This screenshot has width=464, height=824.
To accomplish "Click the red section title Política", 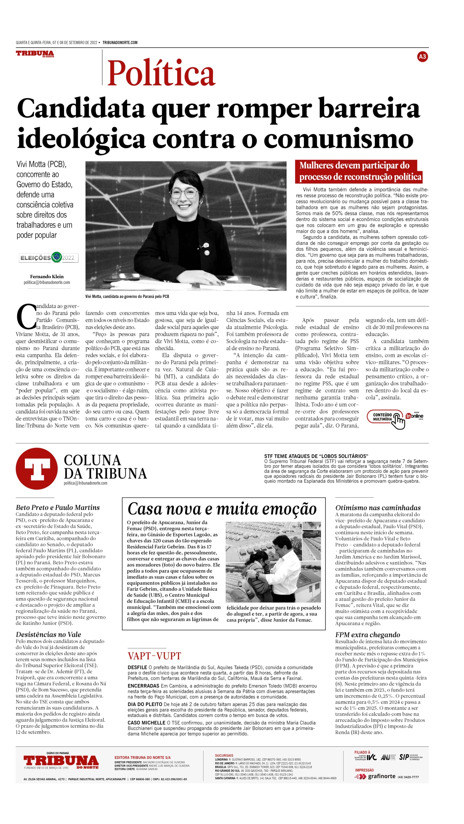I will tap(161, 73).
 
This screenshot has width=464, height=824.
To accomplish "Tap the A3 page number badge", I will tap(422, 57).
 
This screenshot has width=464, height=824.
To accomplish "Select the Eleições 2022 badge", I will tap(48, 257).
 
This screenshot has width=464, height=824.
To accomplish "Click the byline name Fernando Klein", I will tap(47, 277).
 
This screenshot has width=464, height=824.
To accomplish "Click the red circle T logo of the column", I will tap(37, 468).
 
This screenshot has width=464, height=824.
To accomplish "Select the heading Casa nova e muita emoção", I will tap(222, 509).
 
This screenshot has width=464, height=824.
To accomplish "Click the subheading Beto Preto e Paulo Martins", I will tap(58, 508).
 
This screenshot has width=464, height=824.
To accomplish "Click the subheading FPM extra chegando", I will tap(367, 635).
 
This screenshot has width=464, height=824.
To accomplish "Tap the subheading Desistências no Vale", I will tap(48, 634).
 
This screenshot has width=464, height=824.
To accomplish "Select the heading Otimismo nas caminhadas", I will tap(378, 508).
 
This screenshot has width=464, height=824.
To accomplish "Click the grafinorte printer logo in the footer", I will tap(377, 777).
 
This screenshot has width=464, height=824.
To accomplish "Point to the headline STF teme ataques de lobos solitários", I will tap(316, 456).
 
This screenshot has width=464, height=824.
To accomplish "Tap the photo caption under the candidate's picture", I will tap(127, 296).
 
